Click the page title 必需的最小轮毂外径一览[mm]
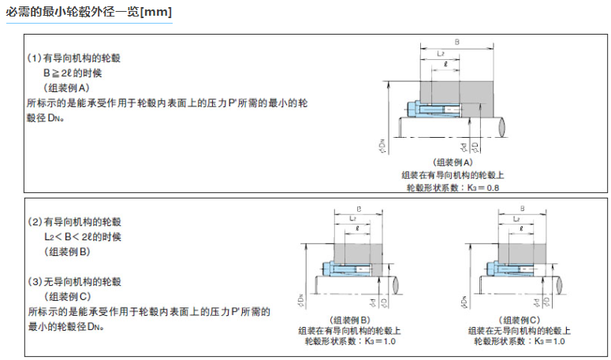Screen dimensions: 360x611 tap(88, 12)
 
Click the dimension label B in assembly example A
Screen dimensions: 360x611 tap(458, 42)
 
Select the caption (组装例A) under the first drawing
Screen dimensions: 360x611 tap(452, 161)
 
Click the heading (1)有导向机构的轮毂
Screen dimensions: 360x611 tap(74, 58)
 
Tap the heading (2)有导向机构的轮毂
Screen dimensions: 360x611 tap(74, 221)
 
